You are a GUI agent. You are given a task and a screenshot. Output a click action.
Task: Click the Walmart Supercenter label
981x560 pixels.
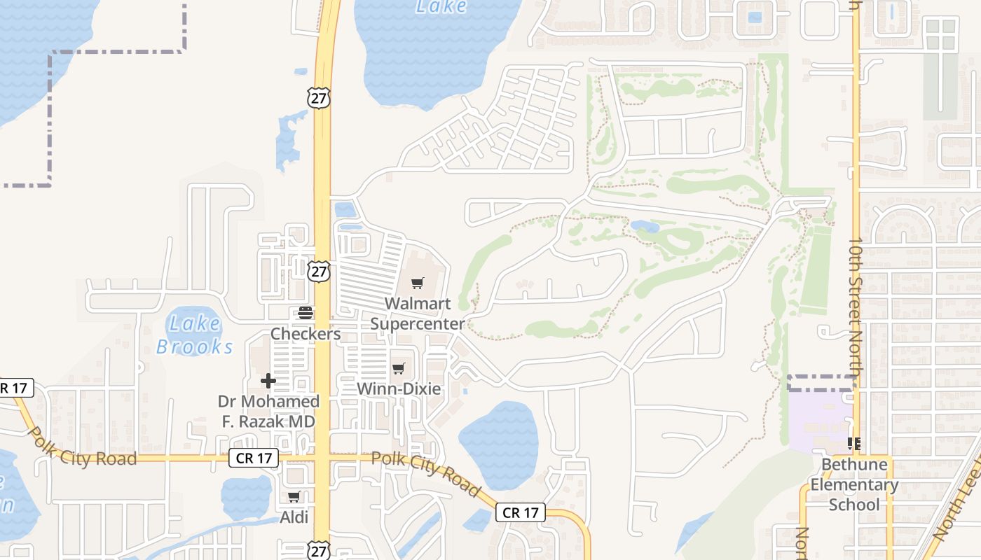(418, 314)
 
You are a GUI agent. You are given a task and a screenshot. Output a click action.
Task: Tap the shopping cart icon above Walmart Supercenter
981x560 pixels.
(418, 283)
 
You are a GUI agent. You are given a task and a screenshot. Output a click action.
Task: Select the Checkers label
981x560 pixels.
(306, 334)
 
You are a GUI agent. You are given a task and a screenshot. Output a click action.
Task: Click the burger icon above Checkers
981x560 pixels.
(306, 312)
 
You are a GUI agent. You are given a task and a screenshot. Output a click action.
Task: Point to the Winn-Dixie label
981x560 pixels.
(399, 388)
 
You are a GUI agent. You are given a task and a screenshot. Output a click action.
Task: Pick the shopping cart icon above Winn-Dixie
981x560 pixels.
(399, 368)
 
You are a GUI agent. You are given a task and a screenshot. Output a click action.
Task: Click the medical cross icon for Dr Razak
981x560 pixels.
(268, 381)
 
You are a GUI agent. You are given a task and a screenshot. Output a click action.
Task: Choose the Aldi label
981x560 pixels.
(294, 517)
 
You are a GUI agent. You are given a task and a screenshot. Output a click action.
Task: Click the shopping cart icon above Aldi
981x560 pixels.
(294, 496)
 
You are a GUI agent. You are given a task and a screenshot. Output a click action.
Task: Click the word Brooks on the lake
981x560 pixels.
(195, 346)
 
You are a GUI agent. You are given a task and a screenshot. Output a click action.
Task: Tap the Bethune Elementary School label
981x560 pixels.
(854, 484)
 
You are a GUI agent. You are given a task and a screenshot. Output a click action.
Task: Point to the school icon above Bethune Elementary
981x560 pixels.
(854, 443)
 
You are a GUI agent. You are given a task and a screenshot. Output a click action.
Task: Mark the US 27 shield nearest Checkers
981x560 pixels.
(319, 271)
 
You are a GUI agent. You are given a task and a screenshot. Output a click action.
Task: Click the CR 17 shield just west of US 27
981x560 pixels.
(254, 458)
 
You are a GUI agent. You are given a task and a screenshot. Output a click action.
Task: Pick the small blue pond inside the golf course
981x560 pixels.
(644, 226)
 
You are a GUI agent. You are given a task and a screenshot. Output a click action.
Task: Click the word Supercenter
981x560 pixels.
(418, 324)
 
